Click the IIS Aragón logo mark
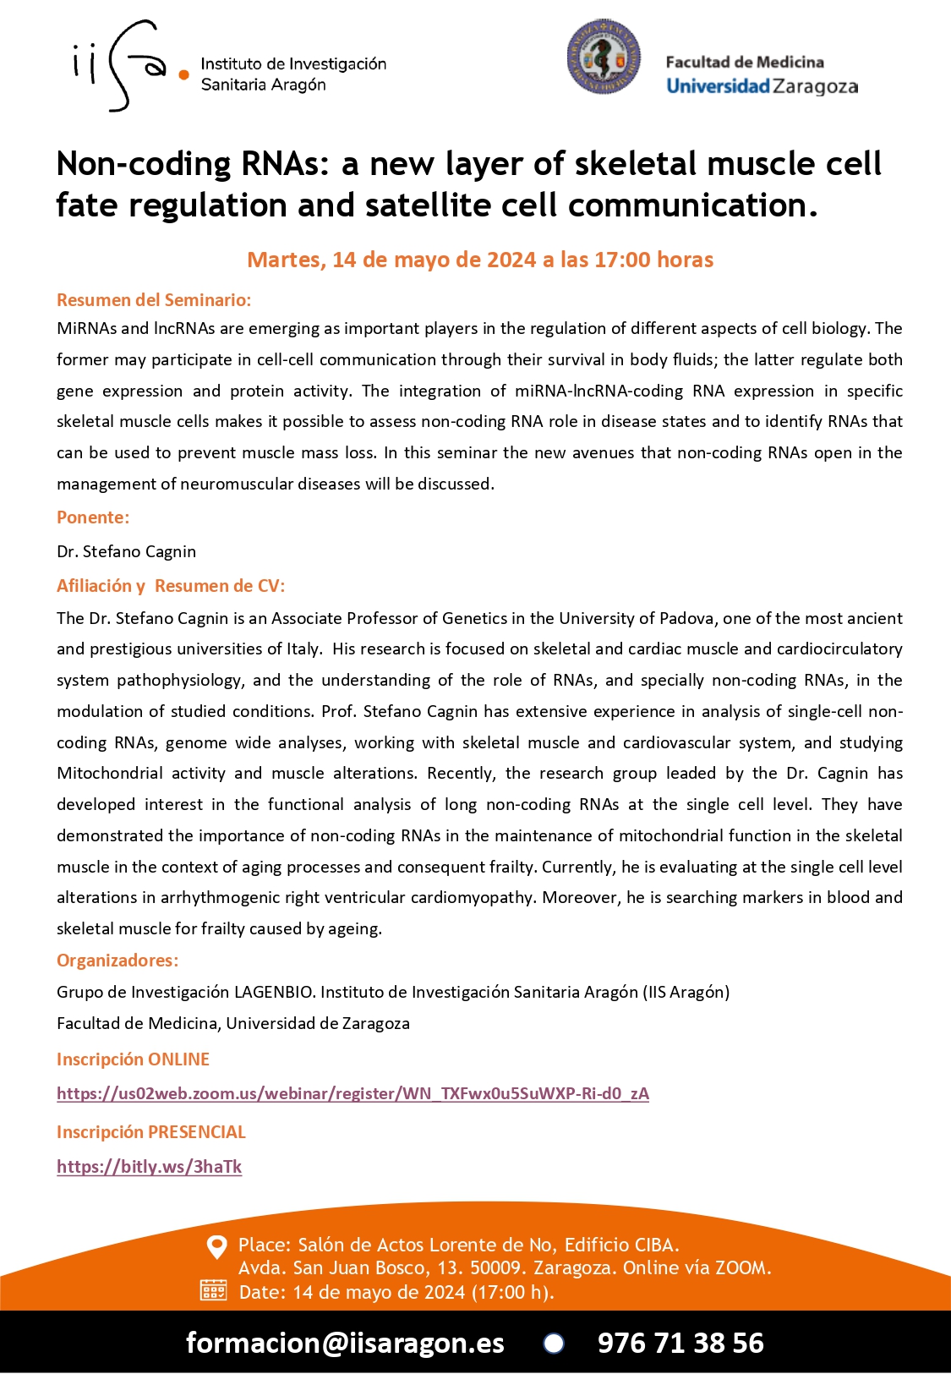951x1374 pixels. (x=127, y=66)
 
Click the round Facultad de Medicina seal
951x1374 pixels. (x=604, y=57)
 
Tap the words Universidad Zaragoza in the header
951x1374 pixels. (x=762, y=86)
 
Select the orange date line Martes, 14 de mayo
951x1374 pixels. (x=480, y=260)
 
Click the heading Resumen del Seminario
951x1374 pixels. (x=154, y=300)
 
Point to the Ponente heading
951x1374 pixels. (x=93, y=517)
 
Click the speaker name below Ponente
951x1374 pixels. (x=127, y=551)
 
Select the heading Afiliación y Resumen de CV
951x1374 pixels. (x=171, y=586)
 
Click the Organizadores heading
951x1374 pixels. (x=118, y=961)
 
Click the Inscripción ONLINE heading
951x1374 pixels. (x=133, y=1059)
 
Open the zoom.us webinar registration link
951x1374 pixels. (x=353, y=1093)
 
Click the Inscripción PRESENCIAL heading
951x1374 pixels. (x=151, y=1132)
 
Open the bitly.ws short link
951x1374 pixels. (x=149, y=1167)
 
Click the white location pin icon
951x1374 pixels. (x=217, y=1246)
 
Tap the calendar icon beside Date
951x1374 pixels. (x=213, y=1290)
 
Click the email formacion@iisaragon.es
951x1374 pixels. (x=345, y=1343)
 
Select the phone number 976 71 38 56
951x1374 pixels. (x=680, y=1343)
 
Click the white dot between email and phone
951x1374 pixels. (x=554, y=1343)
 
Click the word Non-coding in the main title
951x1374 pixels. (x=144, y=164)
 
